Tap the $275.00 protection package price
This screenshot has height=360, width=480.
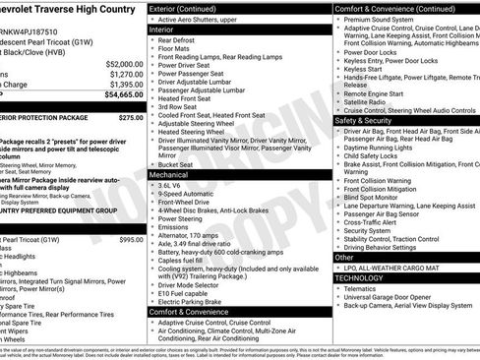131,117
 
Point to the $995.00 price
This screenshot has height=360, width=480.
131,240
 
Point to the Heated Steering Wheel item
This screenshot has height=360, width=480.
194,131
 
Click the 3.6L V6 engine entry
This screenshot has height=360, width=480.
173,184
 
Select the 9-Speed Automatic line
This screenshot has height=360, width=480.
188,195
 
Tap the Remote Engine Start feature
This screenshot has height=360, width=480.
379,90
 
